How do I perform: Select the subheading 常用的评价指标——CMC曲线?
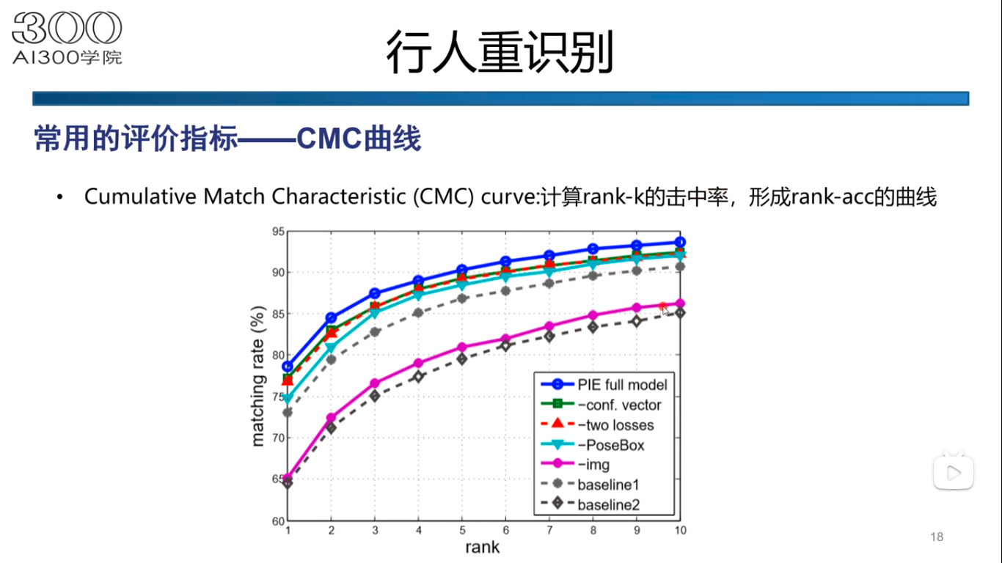coord(227,139)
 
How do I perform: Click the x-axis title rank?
coord(482,547)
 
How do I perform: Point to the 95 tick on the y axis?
coord(277,232)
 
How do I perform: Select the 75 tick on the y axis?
coord(277,397)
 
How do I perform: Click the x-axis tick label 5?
coord(462,530)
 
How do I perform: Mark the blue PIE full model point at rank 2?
coord(331,318)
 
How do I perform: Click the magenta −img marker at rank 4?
coord(418,363)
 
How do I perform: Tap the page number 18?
coord(937,537)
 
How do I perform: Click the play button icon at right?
coord(953,473)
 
